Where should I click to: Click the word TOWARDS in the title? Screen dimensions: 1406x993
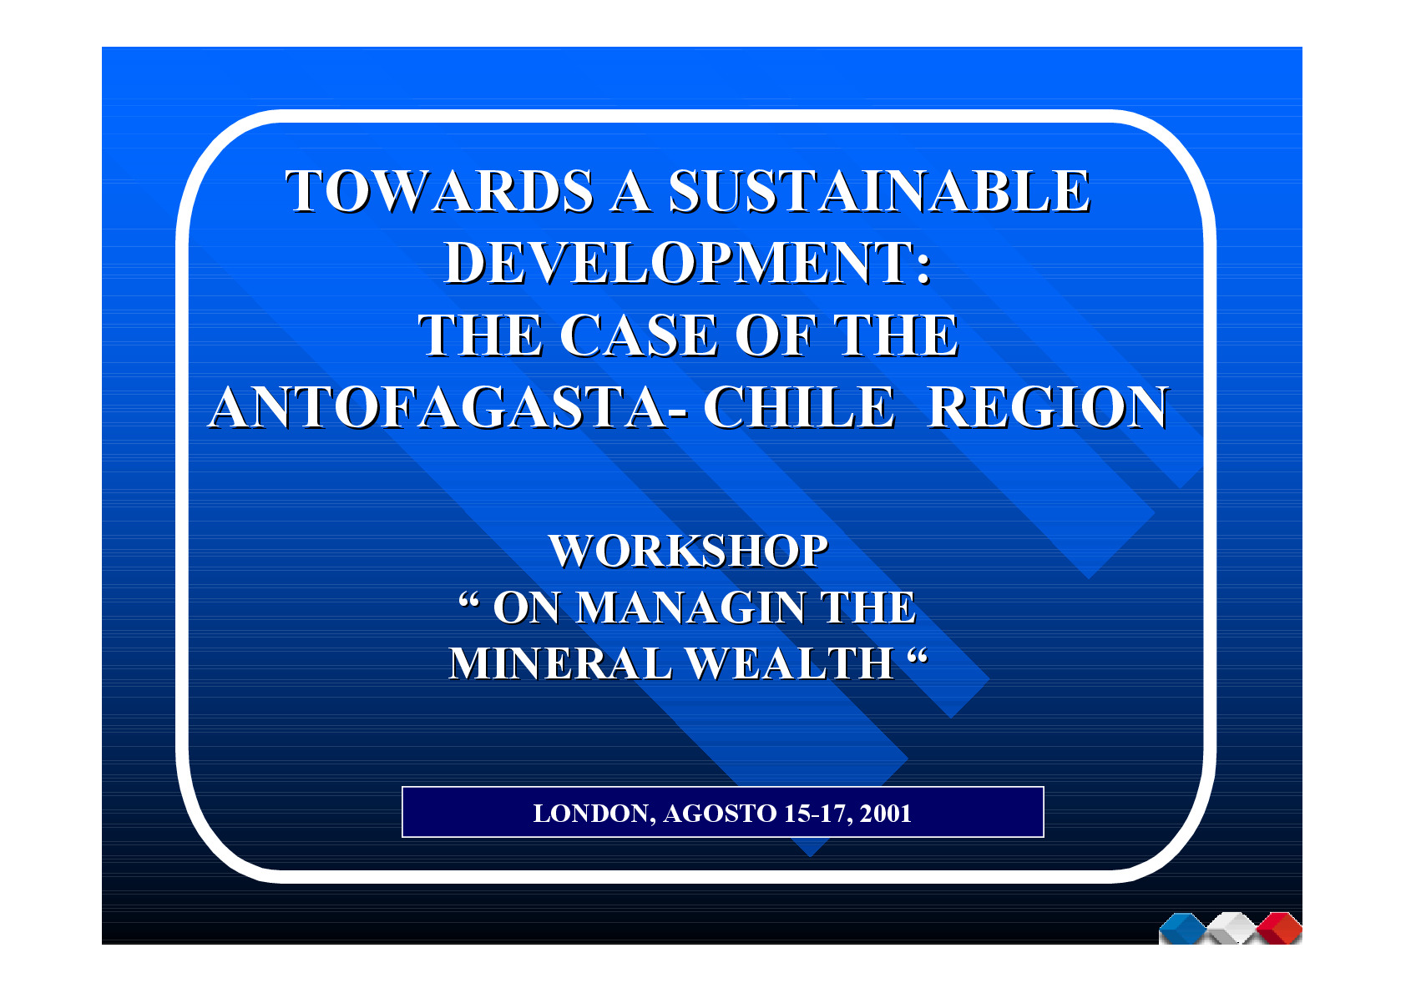pyautogui.click(x=438, y=191)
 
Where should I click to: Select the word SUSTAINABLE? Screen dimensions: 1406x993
pyautogui.click(x=878, y=191)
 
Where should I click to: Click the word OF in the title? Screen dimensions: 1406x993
pyautogui.click(x=776, y=335)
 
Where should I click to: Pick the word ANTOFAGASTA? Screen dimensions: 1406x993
pyautogui.click(x=438, y=408)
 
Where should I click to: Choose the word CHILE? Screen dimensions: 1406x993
pyautogui.click(x=798, y=408)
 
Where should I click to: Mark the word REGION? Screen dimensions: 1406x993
pyautogui.click(x=1047, y=408)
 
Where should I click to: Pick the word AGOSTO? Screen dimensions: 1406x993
pyautogui.click(x=720, y=814)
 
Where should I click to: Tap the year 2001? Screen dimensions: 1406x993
pyautogui.click(x=885, y=814)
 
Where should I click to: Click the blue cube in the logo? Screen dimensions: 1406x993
pyautogui.click(x=1183, y=929)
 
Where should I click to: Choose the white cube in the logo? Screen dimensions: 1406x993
pyautogui.click(x=1232, y=929)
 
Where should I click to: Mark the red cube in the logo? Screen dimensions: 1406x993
pyautogui.click(x=1279, y=929)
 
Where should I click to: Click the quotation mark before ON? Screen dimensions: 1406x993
pyautogui.click(x=468, y=600)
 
